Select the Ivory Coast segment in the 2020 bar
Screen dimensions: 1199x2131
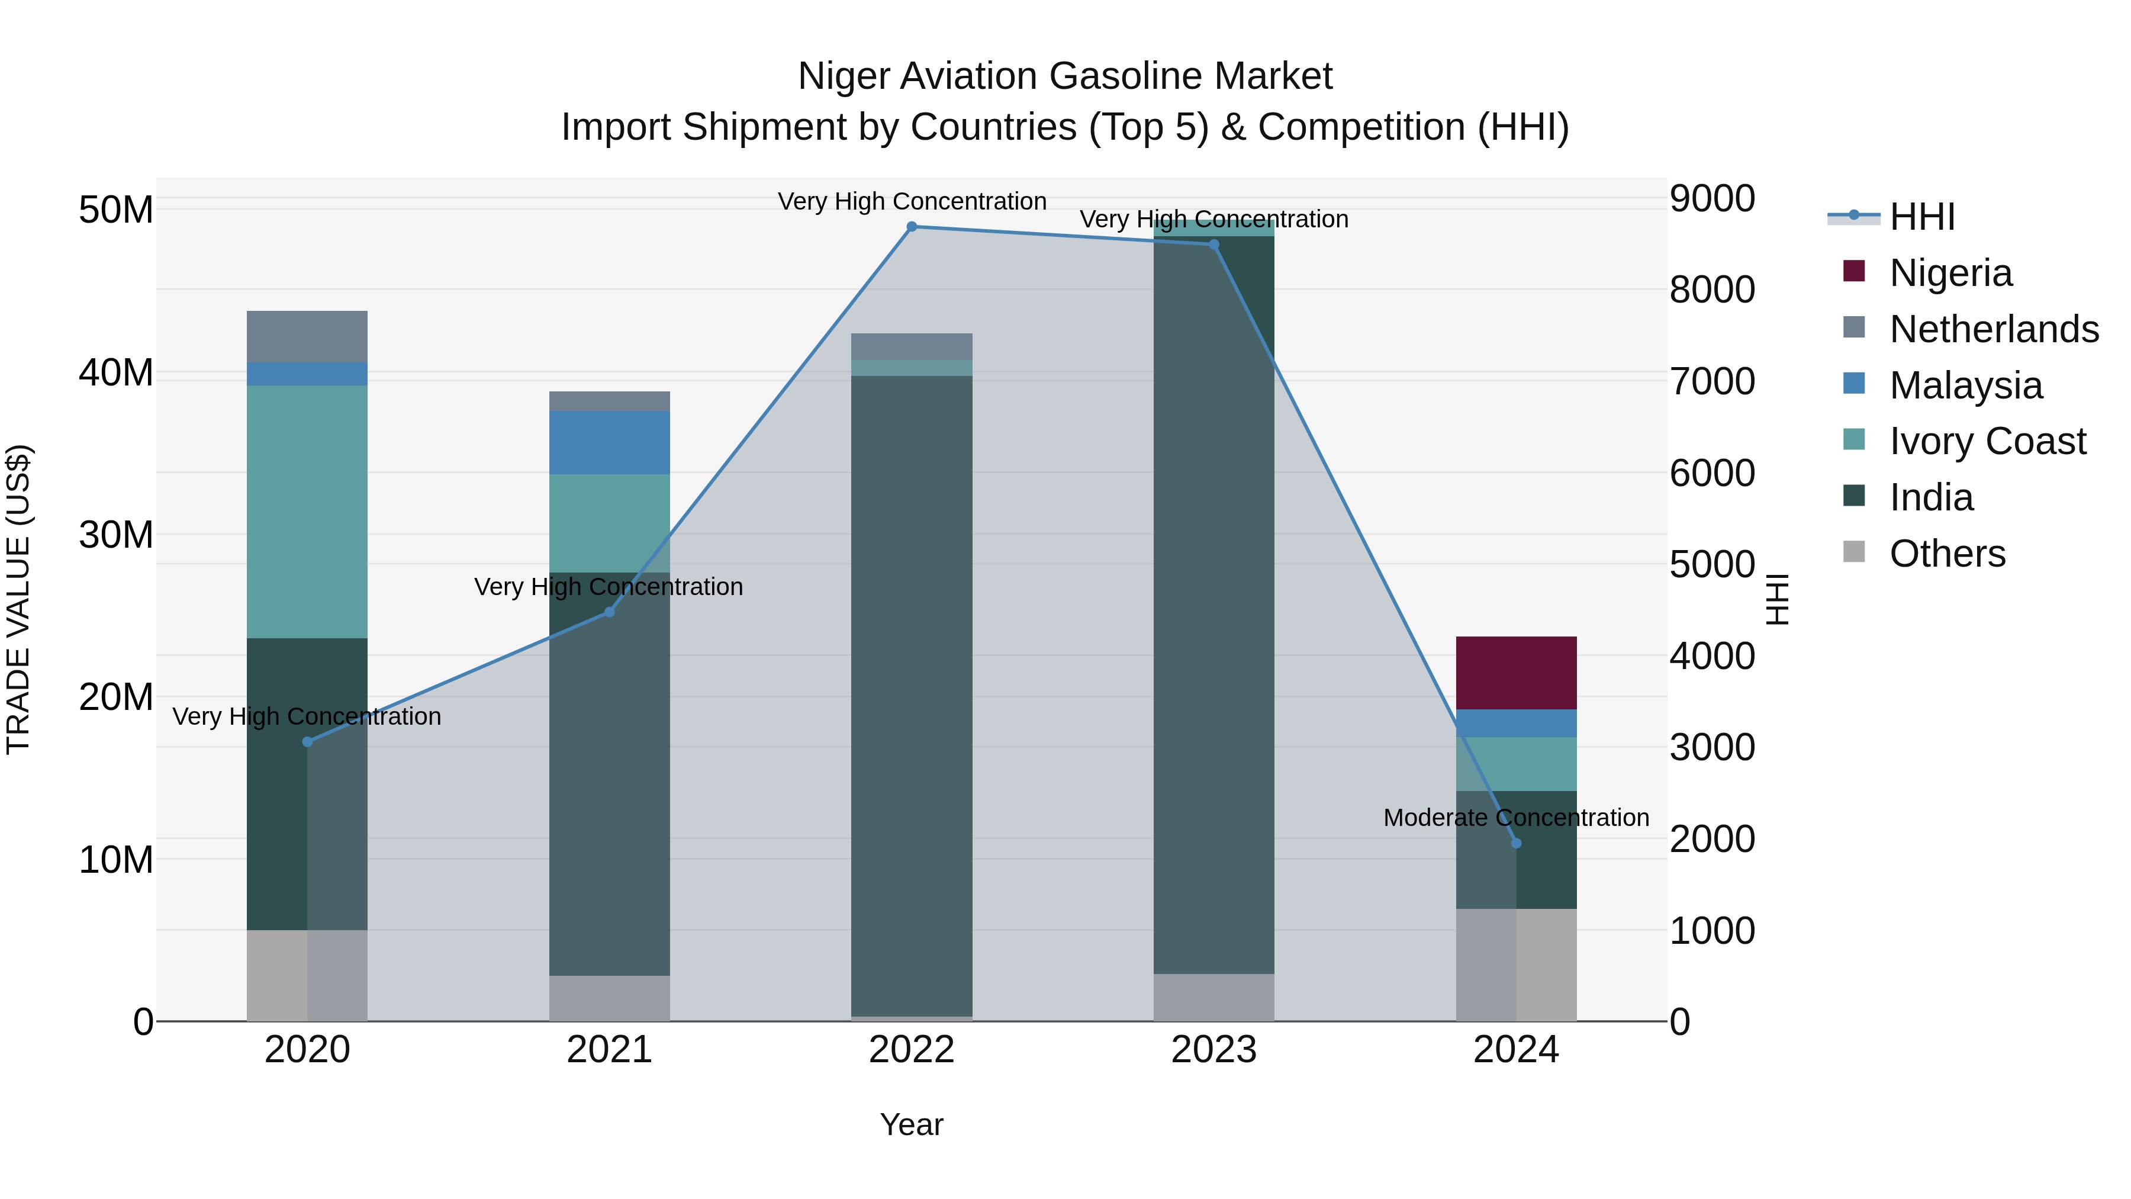point(307,512)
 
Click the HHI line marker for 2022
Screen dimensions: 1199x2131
point(912,227)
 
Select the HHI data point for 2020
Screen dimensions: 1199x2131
point(307,741)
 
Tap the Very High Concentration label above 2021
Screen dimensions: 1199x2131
point(609,587)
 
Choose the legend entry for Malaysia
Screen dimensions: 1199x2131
point(1965,385)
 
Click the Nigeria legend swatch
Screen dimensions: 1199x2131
point(1854,271)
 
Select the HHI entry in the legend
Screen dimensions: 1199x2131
point(1921,217)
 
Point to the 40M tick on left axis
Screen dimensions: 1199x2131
point(116,372)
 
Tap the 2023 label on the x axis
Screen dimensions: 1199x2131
point(1213,1050)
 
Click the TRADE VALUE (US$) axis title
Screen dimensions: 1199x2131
point(18,599)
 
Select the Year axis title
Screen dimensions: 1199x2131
point(912,1124)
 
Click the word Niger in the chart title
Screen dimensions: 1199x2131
point(844,76)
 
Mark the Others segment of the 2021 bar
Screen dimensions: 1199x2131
point(609,998)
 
